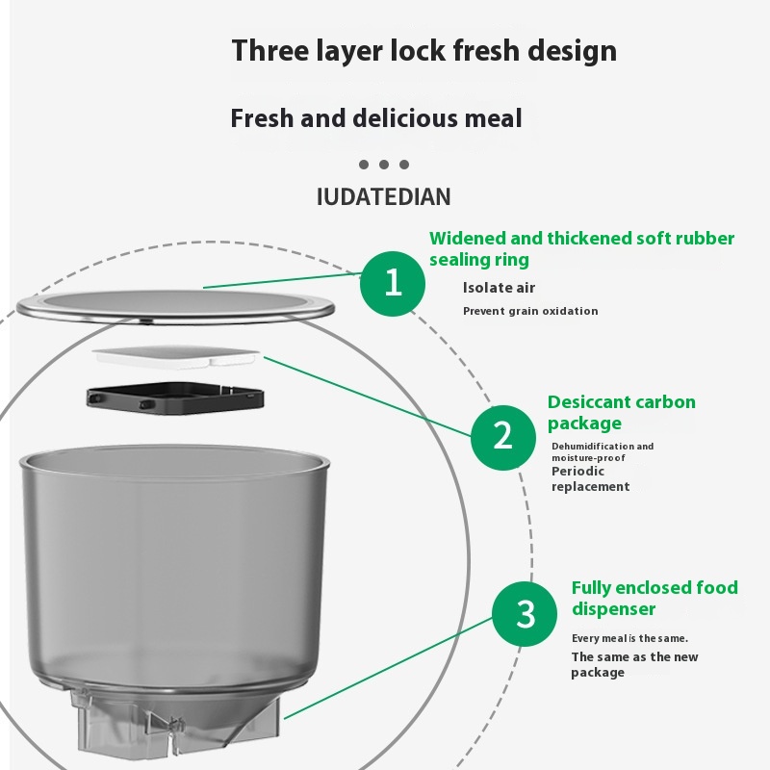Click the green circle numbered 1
(x=393, y=283)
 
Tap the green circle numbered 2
(x=502, y=437)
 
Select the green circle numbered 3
(x=525, y=614)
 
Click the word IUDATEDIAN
(x=383, y=197)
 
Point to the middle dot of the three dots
(x=384, y=165)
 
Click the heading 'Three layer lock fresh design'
(x=424, y=51)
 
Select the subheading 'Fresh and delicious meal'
(x=376, y=118)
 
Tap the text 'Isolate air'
(x=499, y=288)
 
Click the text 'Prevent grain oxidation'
(x=530, y=311)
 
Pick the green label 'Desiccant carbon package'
(x=622, y=413)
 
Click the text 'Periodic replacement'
(x=590, y=478)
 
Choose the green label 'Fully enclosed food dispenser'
(x=654, y=598)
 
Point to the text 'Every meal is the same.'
(x=629, y=638)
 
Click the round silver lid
(x=175, y=307)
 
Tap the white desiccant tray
(x=176, y=356)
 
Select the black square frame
(x=175, y=398)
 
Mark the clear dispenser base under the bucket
(x=174, y=719)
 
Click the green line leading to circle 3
(x=388, y=668)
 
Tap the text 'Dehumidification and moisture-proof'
(x=603, y=451)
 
